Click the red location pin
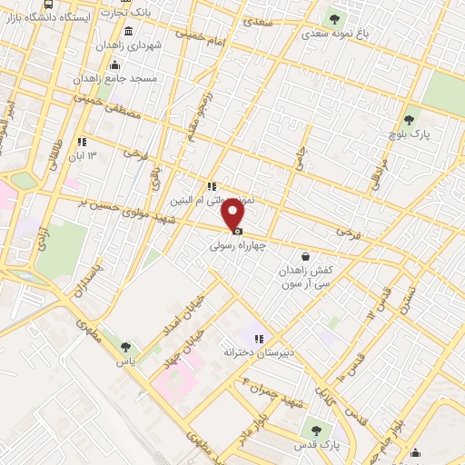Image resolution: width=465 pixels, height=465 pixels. pyautogui.click(x=234, y=214)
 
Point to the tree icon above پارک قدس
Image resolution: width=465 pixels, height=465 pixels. pyautogui.click(x=316, y=430)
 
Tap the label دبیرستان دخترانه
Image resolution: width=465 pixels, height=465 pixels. pyautogui.click(x=257, y=352)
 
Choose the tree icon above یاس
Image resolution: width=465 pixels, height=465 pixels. pyautogui.click(x=125, y=346)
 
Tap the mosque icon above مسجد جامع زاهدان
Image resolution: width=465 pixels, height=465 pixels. pyautogui.click(x=114, y=64)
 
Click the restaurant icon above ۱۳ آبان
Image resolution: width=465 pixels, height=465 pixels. pyautogui.click(x=82, y=141)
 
